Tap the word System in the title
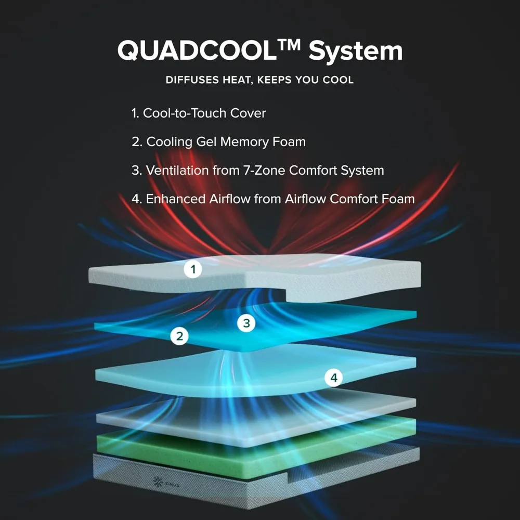355,51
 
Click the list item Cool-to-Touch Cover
199,113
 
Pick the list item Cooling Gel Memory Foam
219,141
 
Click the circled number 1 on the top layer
193,269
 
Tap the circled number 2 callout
179,336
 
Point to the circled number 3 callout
246,323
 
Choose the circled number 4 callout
334,378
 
